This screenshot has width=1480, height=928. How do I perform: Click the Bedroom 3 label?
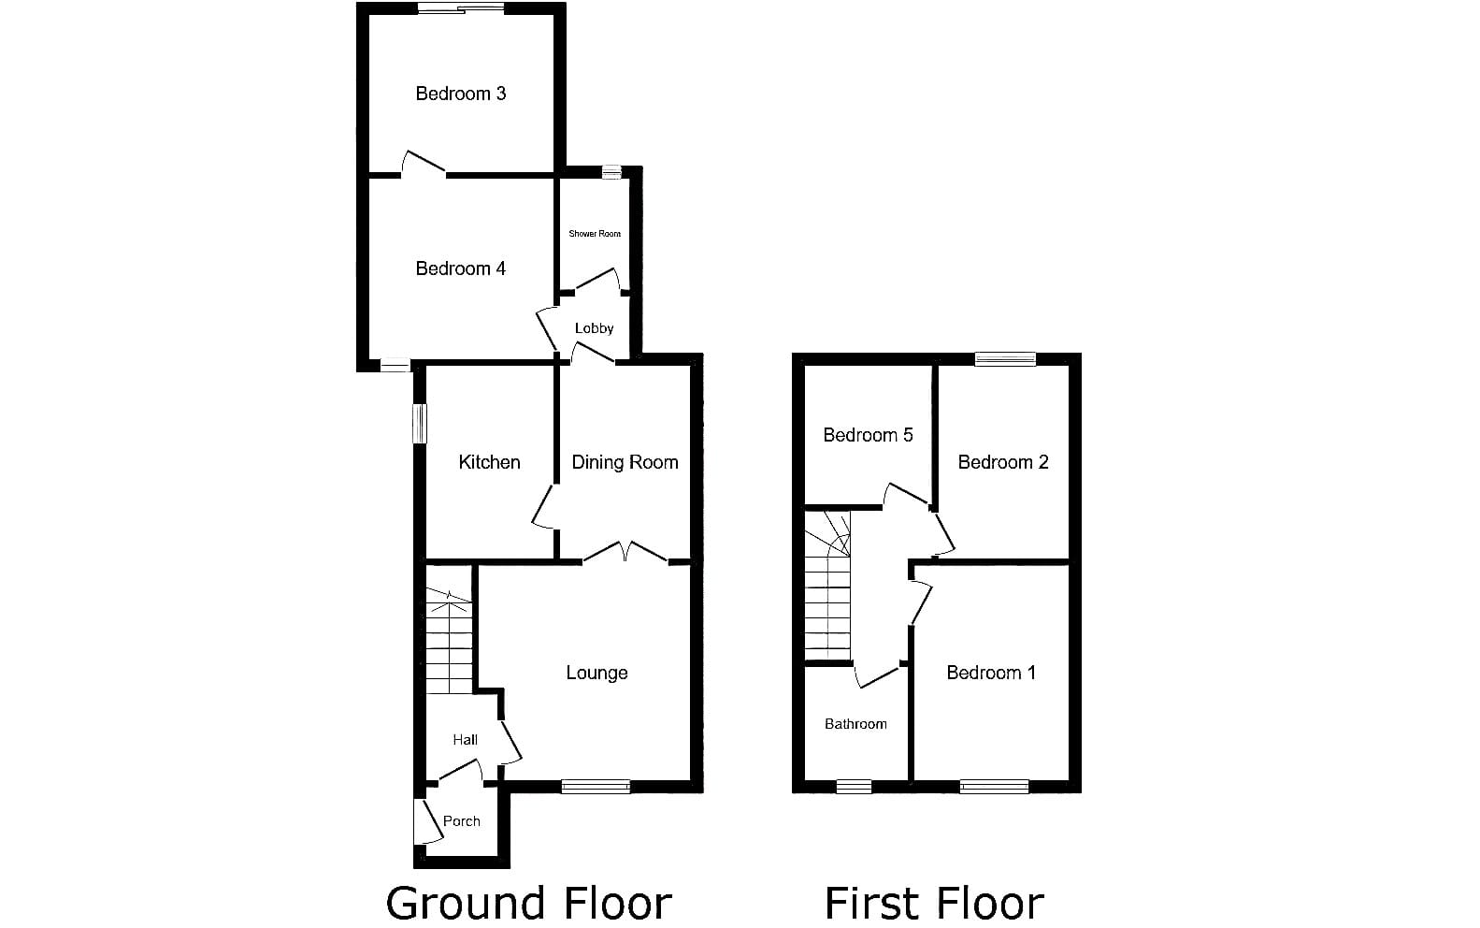(461, 94)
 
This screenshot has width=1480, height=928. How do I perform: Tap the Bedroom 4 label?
(461, 268)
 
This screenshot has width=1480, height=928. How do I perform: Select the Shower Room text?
(595, 233)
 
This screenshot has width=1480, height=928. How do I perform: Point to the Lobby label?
(594, 327)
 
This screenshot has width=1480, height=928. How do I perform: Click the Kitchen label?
(490, 462)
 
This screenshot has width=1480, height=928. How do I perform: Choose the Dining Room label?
(625, 462)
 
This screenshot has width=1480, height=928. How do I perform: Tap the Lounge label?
(596, 673)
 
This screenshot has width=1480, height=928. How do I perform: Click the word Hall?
(466, 740)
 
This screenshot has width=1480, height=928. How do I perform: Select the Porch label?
(461, 821)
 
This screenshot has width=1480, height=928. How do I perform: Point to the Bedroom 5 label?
(869, 435)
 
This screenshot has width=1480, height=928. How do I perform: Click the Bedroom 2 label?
(1003, 462)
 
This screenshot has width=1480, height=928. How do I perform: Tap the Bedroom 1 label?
(991, 673)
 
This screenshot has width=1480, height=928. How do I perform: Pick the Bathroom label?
(855, 724)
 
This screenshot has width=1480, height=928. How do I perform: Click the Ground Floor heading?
(528, 904)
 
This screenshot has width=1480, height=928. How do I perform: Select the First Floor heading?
(934, 904)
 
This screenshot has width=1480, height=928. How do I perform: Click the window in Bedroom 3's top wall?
(461, 8)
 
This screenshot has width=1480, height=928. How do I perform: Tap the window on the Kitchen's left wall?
(420, 424)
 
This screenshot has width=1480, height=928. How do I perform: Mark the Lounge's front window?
(596, 787)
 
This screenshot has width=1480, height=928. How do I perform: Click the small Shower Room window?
(611, 172)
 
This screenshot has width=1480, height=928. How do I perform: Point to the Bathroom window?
(854, 787)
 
